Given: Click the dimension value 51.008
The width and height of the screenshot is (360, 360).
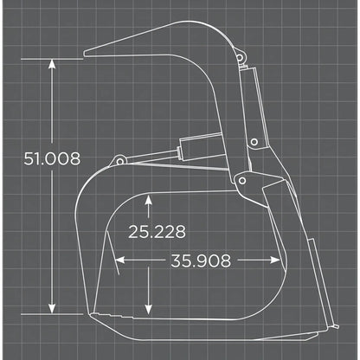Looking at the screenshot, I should click(53, 158).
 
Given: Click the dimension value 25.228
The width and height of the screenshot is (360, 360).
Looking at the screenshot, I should click(156, 231).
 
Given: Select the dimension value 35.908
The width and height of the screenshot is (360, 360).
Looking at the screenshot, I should click(201, 260).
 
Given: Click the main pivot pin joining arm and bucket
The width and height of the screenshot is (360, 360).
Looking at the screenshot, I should click(245, 181).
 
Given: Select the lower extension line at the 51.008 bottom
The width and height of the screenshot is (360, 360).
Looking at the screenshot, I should click(35, 314).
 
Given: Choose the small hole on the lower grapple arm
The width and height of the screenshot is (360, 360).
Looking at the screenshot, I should click(254, 144).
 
